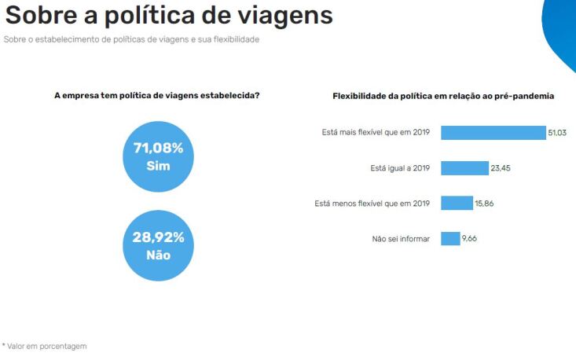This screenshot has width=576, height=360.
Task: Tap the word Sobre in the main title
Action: point(44,15)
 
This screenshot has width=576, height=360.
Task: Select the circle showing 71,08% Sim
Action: point(158,157)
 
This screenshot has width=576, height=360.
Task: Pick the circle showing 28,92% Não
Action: point(158,246)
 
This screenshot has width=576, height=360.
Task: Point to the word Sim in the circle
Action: point(158,167)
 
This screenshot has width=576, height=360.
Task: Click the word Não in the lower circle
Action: point(158,255)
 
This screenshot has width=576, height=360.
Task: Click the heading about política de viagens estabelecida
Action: point(157,96)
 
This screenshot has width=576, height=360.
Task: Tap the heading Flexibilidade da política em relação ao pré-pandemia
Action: point(444,96)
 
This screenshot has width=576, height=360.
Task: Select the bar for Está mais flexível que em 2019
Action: point(493,133)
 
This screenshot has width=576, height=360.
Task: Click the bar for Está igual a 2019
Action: point(464,168)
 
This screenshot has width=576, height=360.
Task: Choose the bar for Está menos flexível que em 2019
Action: point(457,204)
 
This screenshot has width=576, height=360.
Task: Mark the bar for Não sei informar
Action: point(450,238)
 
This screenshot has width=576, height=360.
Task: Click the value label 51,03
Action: point(557,134)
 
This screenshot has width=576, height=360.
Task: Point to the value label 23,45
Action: point(501,168)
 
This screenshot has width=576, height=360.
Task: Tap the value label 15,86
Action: point(484,204)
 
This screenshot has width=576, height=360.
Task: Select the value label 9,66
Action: point(469,238)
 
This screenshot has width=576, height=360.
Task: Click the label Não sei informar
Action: point(401,239)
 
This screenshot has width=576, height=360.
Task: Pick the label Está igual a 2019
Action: point(400,168)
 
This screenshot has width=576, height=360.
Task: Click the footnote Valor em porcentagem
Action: point(45,346)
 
